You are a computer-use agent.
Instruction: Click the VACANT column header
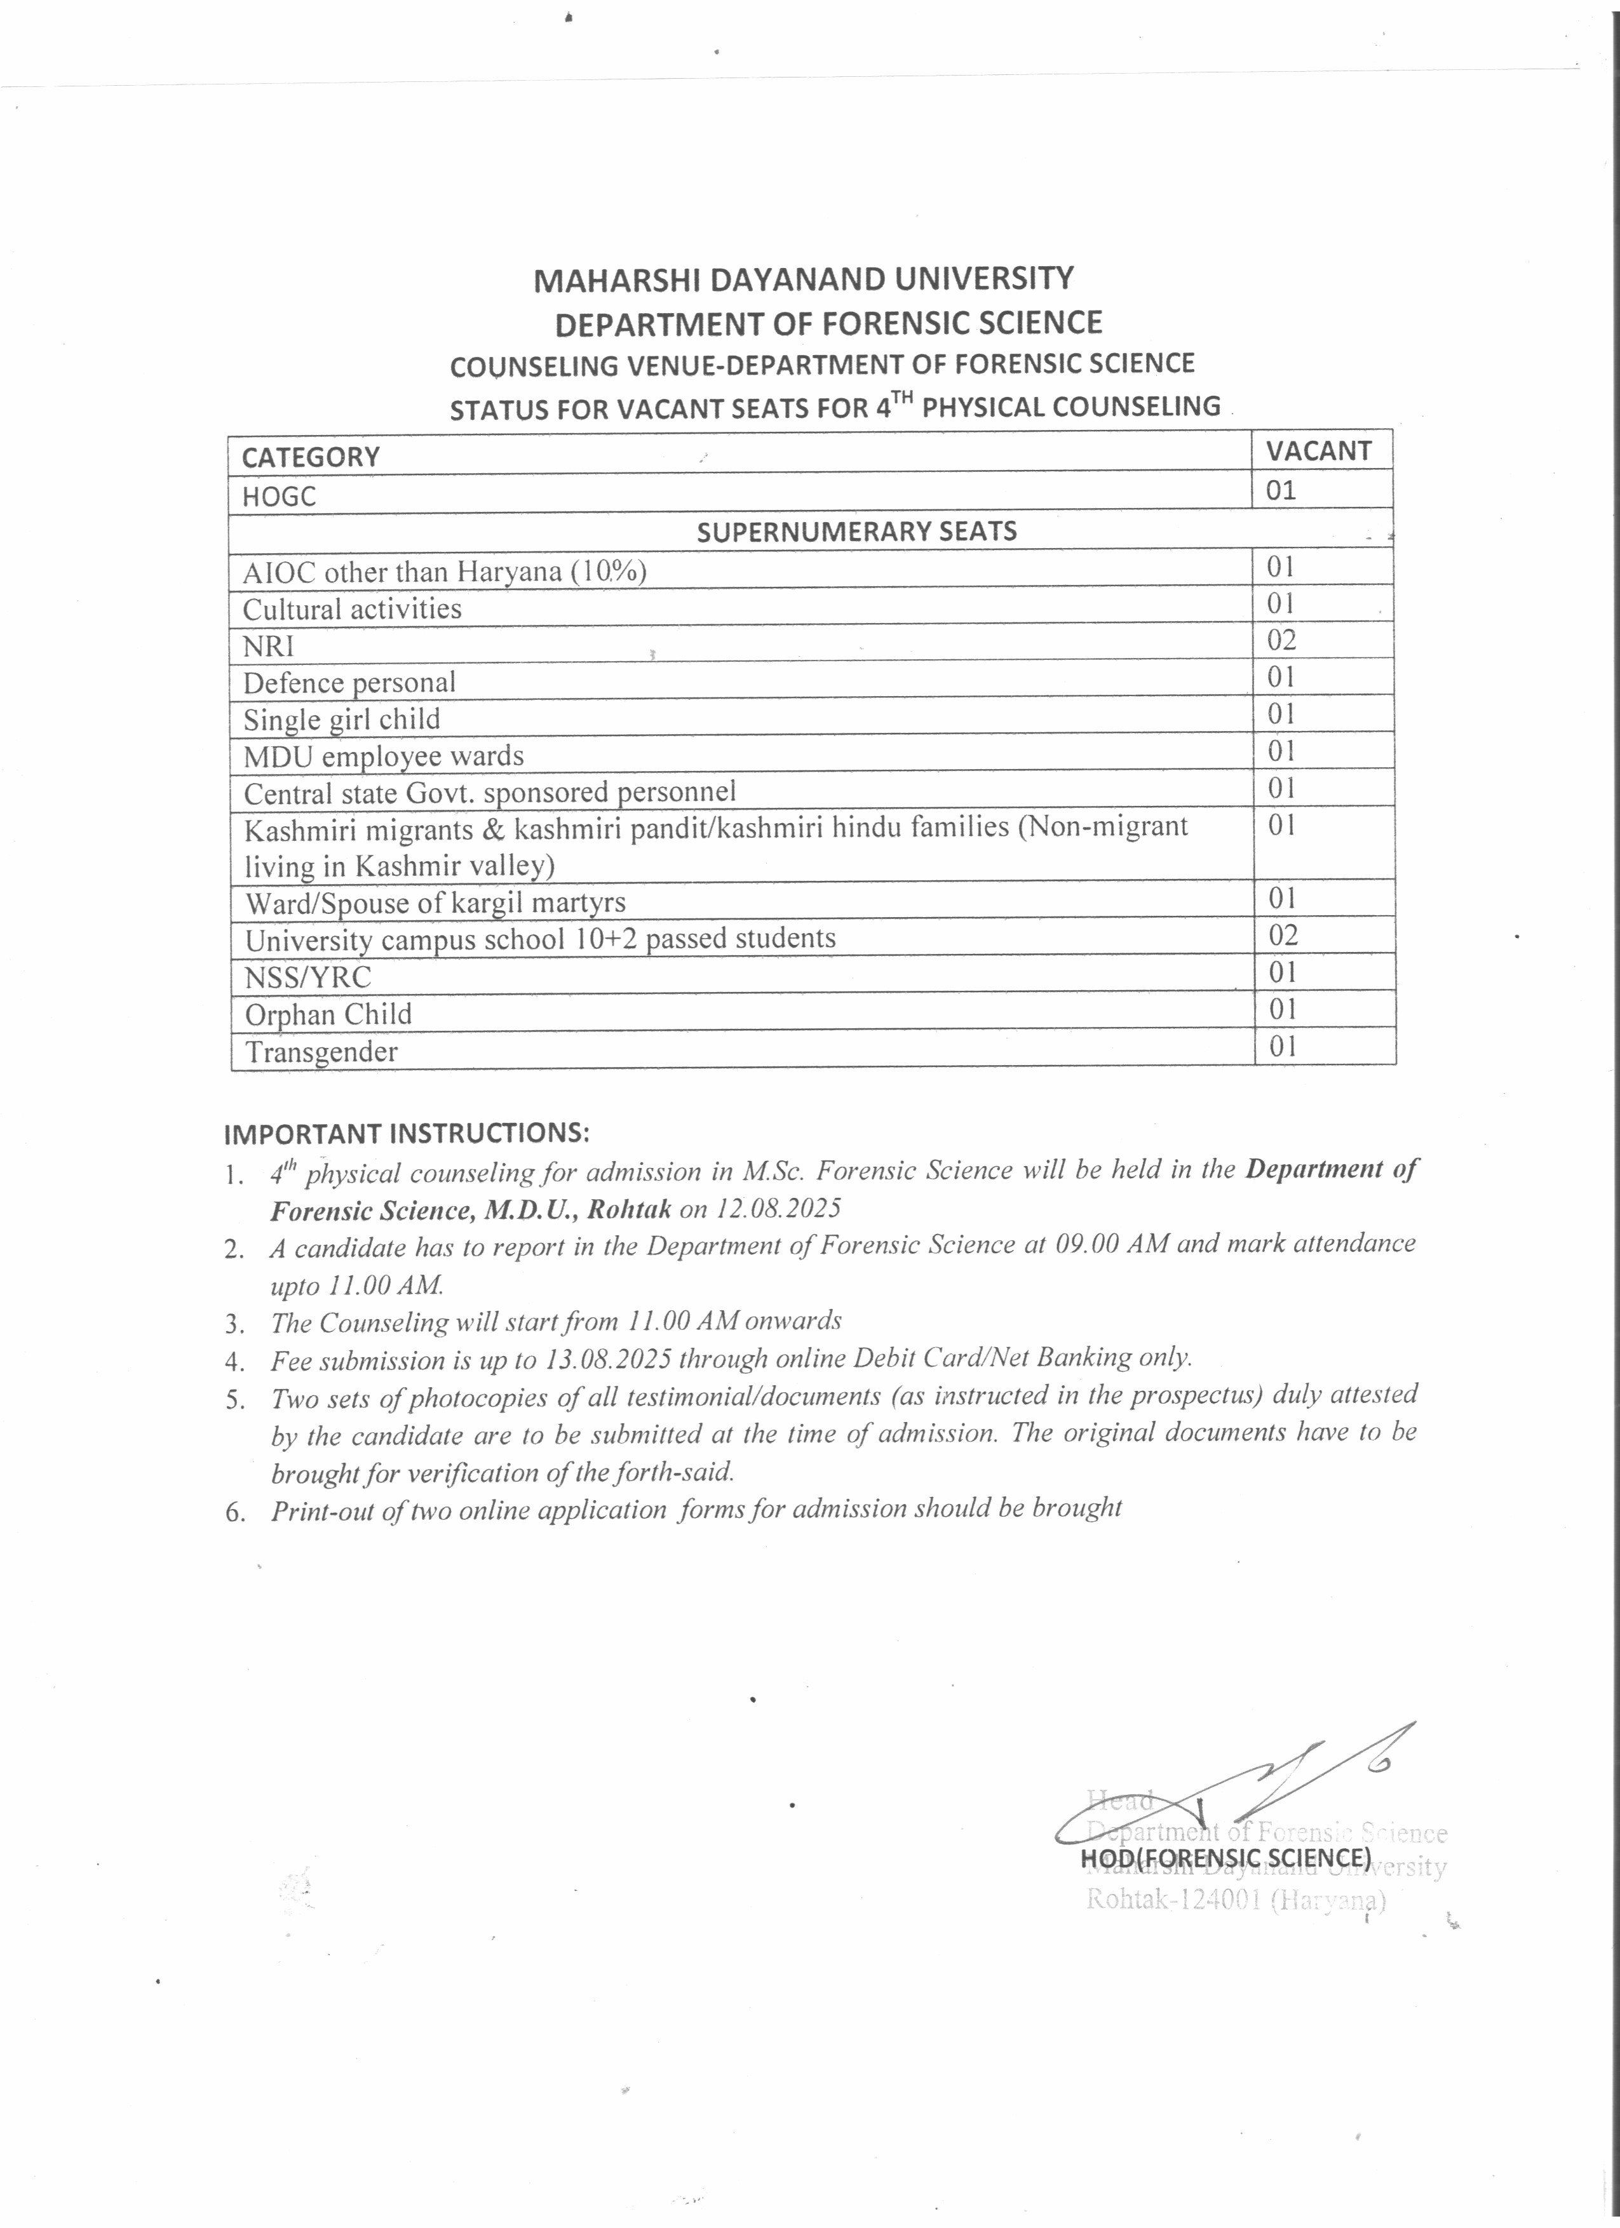coord(1318,451)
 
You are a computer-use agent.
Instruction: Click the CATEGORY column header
coord(311,457)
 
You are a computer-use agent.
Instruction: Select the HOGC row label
coord(280,496)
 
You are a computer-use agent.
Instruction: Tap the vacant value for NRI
coord(1281,640)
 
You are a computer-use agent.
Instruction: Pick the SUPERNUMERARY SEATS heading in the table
coord(856,532)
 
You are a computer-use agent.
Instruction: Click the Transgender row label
coord(321,1052)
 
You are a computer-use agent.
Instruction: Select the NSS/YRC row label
coord(307,977)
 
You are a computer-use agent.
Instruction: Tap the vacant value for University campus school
coord(1283,934)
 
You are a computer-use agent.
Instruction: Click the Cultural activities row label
coord(352,609)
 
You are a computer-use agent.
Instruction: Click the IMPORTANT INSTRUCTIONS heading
coord(407,1132)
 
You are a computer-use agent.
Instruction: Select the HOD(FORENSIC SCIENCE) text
coord(1225,1858)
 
